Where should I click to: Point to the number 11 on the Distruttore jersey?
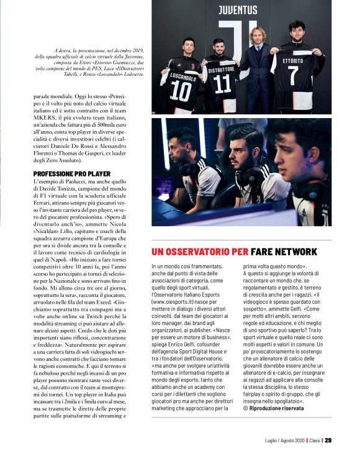(x=222, y=84)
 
